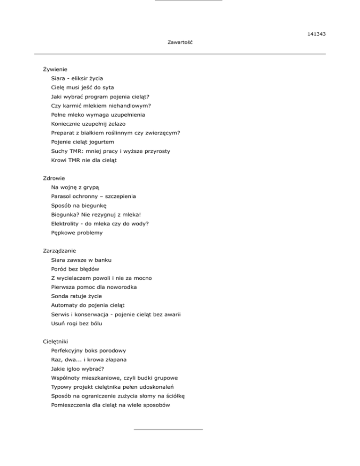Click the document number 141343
click(317, 34)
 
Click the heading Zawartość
click(180, 43)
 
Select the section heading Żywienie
click(55, 69)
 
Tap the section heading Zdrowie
click(53, 178)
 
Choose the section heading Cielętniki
click(57, 342)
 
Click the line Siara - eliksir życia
click(77, 78)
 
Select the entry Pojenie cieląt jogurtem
click(82, 142)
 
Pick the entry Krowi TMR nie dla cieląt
click(84, 160)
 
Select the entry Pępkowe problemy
click(77, 233)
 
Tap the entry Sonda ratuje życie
click(76, 296)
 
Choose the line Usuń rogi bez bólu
click(76, 323)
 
